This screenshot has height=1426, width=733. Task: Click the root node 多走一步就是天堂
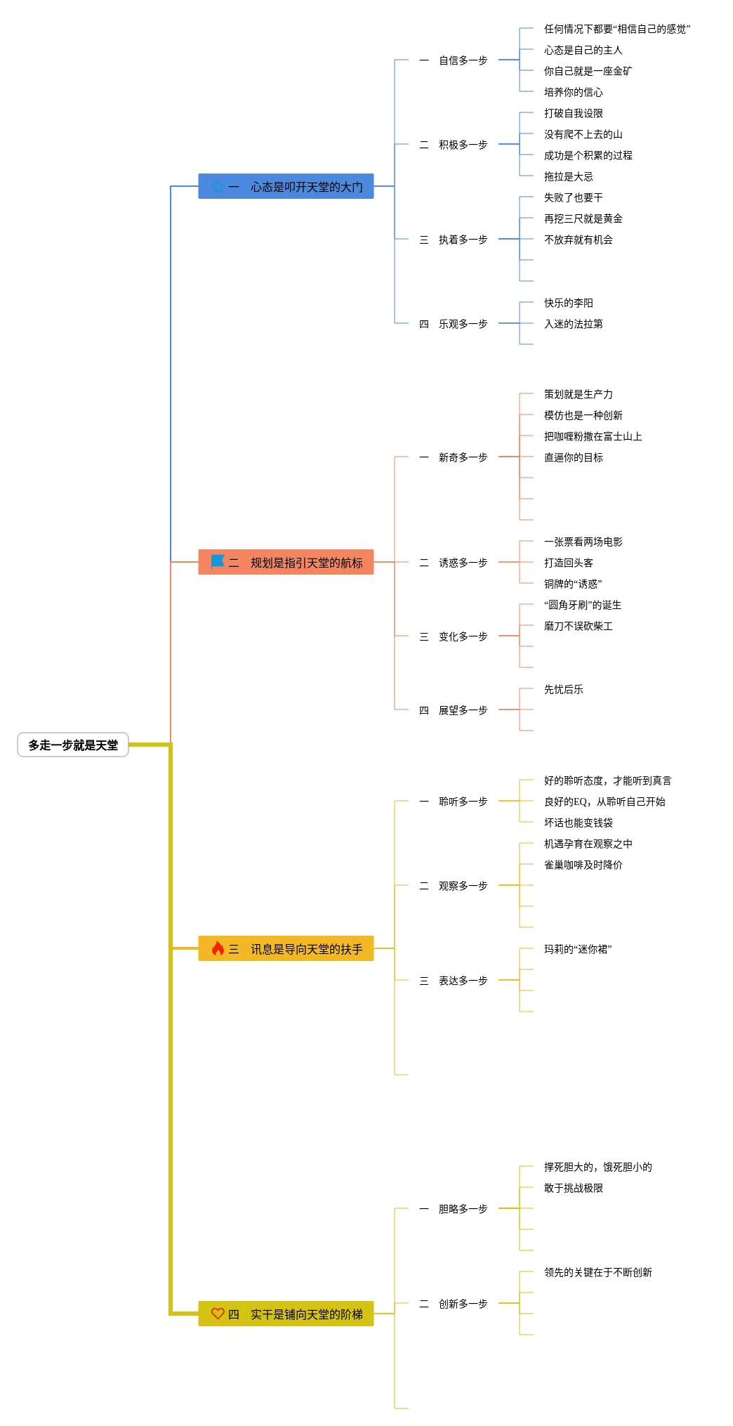[x=73, y=745]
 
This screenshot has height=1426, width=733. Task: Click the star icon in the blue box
[x=218, y=186]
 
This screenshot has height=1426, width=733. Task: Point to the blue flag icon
[x=218, y=561]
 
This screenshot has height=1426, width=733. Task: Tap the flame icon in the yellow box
[x=218, y=948]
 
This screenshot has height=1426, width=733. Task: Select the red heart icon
[x=218, y=1313]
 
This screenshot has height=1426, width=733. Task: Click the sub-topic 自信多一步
[x=463, y=60]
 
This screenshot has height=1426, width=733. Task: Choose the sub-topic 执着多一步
[x=463, y=240]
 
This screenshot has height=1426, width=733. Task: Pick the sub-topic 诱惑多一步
[x=463, y=563]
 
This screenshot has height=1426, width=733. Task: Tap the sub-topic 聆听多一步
[x=463, y=802]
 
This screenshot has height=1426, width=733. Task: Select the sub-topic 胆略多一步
[x=463, y=1209]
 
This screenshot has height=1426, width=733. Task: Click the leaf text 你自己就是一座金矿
[x=588, y=71]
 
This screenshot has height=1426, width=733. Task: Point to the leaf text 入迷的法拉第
[x=573, y=324]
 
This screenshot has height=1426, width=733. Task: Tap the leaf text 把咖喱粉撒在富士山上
[x=593, y=436]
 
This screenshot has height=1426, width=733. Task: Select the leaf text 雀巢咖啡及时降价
[x=583, y=865]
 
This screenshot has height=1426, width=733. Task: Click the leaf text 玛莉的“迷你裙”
[x=577, y=949]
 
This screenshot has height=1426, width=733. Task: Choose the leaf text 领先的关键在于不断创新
[x=597, y=1272]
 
